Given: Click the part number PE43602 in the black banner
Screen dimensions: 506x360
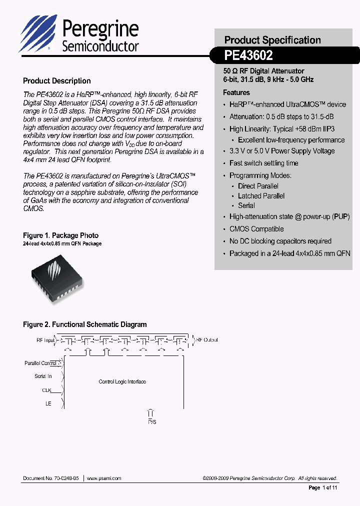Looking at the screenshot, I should tap(248, 55).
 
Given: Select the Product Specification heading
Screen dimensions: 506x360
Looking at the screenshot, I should tap(272, 40).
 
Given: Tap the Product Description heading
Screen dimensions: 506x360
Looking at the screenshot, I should tap(57, 81).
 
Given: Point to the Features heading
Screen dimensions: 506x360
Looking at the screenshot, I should tap(236, 92).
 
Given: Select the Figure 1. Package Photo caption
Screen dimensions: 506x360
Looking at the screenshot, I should tap(60, 235).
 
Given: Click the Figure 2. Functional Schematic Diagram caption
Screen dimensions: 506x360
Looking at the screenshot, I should tap(85, 324).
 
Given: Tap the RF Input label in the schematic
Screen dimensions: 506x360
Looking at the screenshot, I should tap(45, 340).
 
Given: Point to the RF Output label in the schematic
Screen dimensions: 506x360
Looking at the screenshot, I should tap(207, 340).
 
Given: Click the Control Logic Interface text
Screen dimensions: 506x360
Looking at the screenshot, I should tap(122, 381).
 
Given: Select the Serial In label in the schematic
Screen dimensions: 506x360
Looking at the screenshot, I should tap(43, 376).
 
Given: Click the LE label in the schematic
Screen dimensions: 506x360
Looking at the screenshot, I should tap(48, 403).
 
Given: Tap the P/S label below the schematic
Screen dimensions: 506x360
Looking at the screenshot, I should tap(151, 422).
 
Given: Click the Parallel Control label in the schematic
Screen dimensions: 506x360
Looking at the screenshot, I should tap(40, 363).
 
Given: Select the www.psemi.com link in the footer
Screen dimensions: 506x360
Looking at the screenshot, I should tap(104, 478).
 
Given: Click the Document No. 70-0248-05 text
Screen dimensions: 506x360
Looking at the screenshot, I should tap(51, 478).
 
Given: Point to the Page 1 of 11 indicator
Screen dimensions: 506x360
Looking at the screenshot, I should tap(323, 487).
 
